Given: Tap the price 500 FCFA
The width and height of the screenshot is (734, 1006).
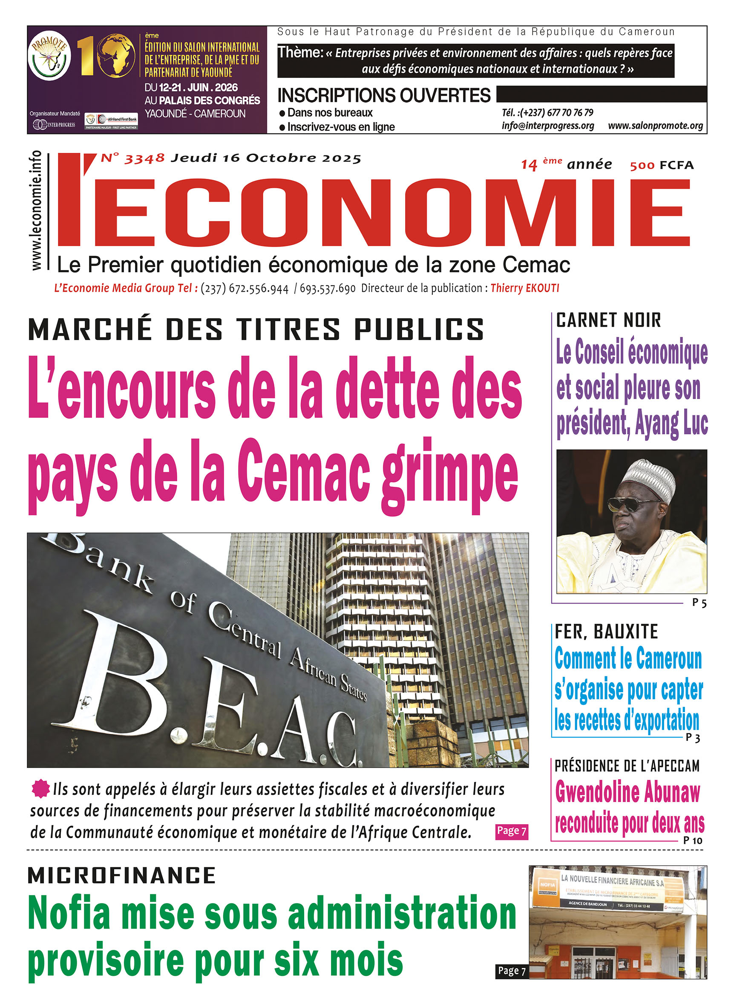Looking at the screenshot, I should tap(662, 165).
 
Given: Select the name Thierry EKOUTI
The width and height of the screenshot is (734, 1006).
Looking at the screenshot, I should tap(524, 288).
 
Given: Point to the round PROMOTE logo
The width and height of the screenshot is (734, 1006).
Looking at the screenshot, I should tap(49, 57).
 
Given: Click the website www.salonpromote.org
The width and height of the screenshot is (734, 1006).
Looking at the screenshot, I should tap(655, 126).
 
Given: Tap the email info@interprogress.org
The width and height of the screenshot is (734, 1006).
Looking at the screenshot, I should tap(547, 126).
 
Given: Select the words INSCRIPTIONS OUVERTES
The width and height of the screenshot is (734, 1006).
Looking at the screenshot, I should tap(384, 95).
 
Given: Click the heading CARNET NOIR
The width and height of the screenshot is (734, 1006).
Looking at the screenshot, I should tap(608, 320).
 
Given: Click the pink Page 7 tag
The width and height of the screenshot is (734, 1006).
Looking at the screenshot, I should tap(511, 831).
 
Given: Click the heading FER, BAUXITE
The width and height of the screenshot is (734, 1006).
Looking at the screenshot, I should tap(607, 632).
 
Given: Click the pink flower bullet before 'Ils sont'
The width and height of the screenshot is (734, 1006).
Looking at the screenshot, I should tap(40, 788).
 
